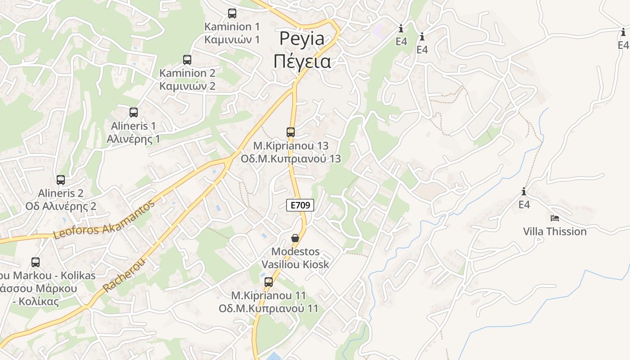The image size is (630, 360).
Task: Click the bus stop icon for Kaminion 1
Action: tap(232, 13)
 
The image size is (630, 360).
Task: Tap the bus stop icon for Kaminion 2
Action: tap(187, 59)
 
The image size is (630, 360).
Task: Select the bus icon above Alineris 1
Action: tap(134, 112)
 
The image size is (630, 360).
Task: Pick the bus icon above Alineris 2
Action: tap(61, 180)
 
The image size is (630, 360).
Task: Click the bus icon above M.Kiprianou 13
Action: tap(291, 132)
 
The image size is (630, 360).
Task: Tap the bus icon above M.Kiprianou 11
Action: tap(269, 282)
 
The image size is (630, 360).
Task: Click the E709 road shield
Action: tap(300, 205)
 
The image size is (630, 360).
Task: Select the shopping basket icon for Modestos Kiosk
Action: tap(295, 238)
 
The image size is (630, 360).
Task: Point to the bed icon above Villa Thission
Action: tap(555, 218)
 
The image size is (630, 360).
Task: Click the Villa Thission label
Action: tap(555, 231)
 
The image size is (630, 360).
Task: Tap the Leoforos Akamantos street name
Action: tap(104, 220)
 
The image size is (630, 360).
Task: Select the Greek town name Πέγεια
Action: tap(302, 61)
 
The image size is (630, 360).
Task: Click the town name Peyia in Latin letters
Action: tap(301, 39)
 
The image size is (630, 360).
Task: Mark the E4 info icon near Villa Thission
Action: tap(524, 192)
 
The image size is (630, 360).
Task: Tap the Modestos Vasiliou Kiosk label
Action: tap(295, 258)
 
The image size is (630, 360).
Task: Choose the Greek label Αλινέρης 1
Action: tap(133, 139)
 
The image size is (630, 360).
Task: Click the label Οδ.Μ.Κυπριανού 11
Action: tap(268, 309)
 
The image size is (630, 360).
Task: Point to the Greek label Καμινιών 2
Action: tap(187, 86)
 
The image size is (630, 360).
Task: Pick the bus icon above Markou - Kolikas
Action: tap(36, 262)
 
